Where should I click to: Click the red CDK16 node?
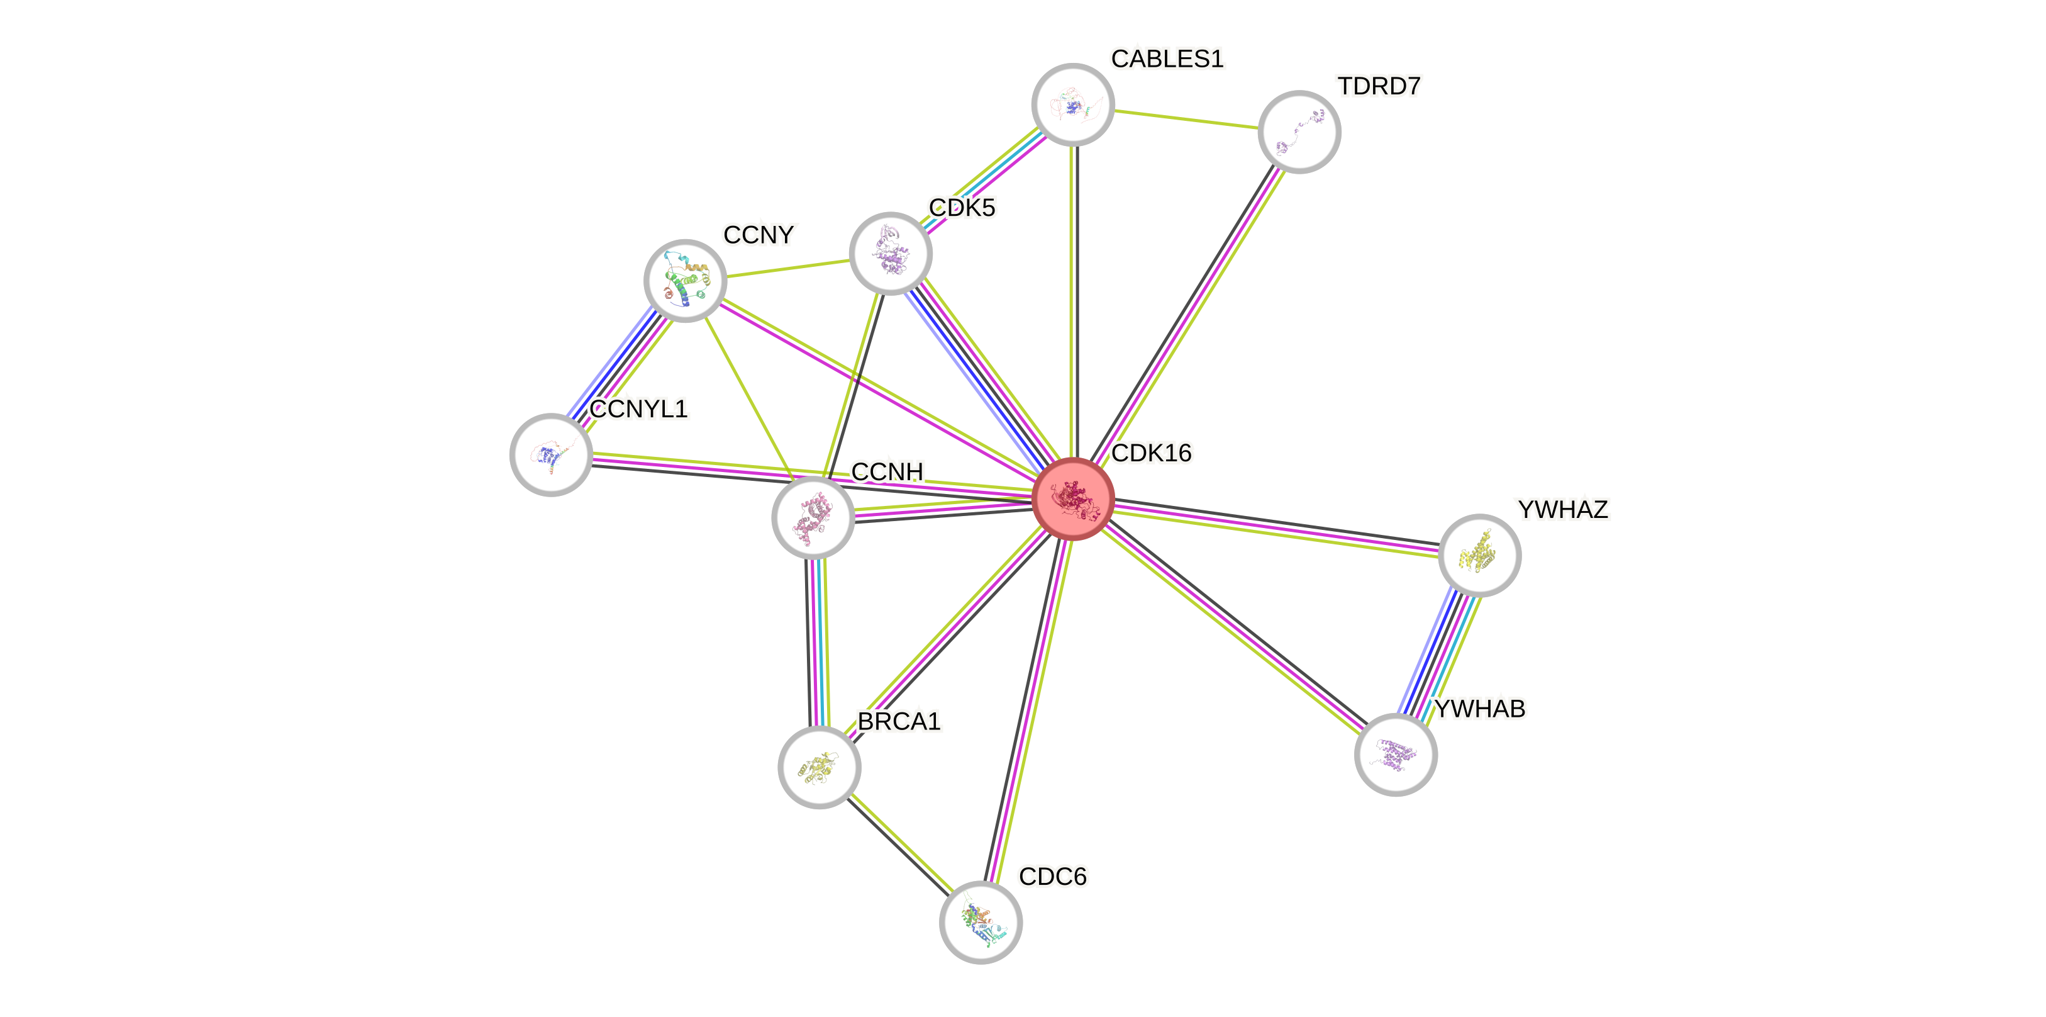pyautogui.click(x=1073, y=499)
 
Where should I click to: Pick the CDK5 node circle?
pyautogui.click(x=891, y=254)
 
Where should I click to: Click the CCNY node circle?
pyautogui.click(x=685, y=281)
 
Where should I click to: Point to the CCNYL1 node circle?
pyautogui.click(x=550, y=454)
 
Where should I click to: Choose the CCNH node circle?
pyautogui.click(x=813, y=517)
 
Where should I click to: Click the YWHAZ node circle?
pyautogui.click(x=1479, y=554)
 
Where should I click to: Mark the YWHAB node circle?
pyautogui.click(x=1396, y=754)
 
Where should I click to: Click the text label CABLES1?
pyautogui.click(x=1167, y=58)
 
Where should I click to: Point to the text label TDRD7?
pyautogui.click(x=1379, y=86)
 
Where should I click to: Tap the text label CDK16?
pyautogui.click(x=1152, y=453)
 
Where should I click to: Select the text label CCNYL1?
pyautogui.click(x=638, y=408)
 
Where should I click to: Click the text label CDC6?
pyautogui.click(x=1052, y=877)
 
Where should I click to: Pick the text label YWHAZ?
pyautogui.click(x=1562, y=509)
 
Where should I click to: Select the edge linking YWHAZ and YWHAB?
pyautogui.click(x=1438, y=654)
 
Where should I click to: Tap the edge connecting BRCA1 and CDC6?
pyautogui.click(x=899, y=844)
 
